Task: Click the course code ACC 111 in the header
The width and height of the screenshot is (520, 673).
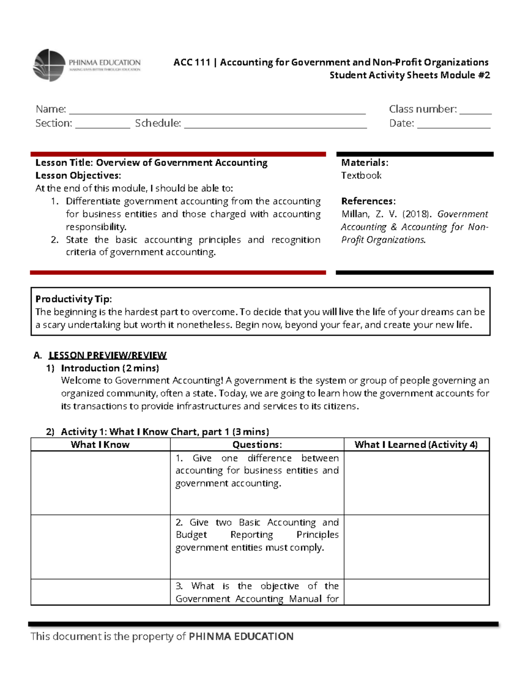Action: point(192,62)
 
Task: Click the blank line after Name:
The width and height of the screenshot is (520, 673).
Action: point(217,111)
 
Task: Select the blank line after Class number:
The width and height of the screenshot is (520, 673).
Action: point(475,111)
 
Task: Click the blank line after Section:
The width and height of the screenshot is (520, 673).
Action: point(102,126)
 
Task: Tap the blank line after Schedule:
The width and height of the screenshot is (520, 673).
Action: point(275,126)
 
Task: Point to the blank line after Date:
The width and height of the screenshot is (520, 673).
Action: point(453,126)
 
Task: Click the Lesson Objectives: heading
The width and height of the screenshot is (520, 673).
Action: point(78,176)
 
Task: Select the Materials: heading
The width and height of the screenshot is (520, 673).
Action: point(364,163)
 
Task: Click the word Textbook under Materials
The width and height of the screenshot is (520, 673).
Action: point(361,176)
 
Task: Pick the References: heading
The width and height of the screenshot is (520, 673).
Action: point(368,201)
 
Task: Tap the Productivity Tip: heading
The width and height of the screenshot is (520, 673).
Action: point(73,299)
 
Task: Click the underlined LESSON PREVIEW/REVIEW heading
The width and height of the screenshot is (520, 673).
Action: point(107,355)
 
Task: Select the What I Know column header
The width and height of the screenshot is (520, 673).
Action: point(100,445)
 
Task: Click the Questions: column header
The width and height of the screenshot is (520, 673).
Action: point(257,445)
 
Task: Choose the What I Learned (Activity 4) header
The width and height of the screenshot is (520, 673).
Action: point(416,445)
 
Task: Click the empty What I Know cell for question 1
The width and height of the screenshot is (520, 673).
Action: point(100,483)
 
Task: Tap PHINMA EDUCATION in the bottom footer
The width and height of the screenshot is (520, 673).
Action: point(241,636)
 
